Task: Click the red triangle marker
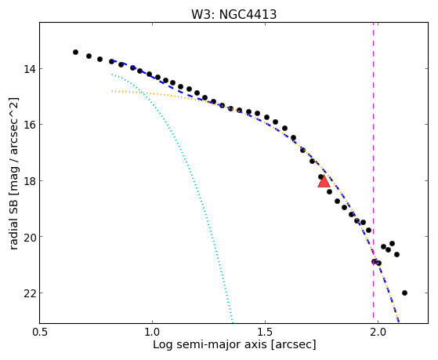coord(324,181)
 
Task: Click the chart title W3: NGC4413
coord(233,15)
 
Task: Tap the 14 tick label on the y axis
coord(29,68)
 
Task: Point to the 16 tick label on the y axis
coord(29,125)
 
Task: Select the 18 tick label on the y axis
coord(29,181)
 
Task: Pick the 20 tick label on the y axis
coord(29,237)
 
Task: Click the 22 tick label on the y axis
coord(29,293)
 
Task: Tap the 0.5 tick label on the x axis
coord(40,333)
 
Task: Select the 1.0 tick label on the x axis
coord(152,333)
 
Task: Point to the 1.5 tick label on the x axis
coord(265,333)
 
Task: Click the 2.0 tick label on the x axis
coord(378,333)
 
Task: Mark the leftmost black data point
coord(75,52)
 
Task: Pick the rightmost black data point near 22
coord(404,293)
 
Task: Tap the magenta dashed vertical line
coord(374,173)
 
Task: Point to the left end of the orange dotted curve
coord(112,91)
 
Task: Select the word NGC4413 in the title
coord(248,15)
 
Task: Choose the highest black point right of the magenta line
coord(392,243)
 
